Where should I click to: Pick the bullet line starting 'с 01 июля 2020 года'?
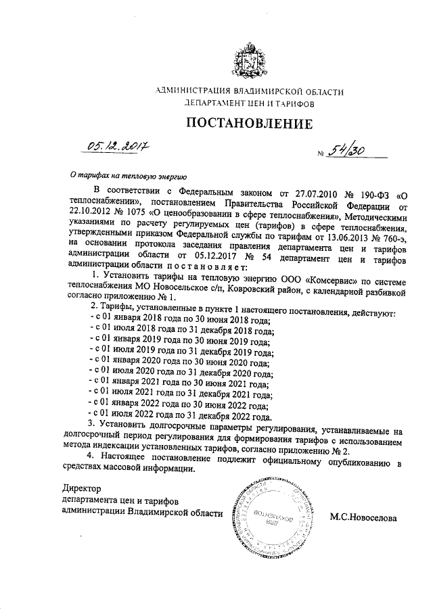pos(181,373)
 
